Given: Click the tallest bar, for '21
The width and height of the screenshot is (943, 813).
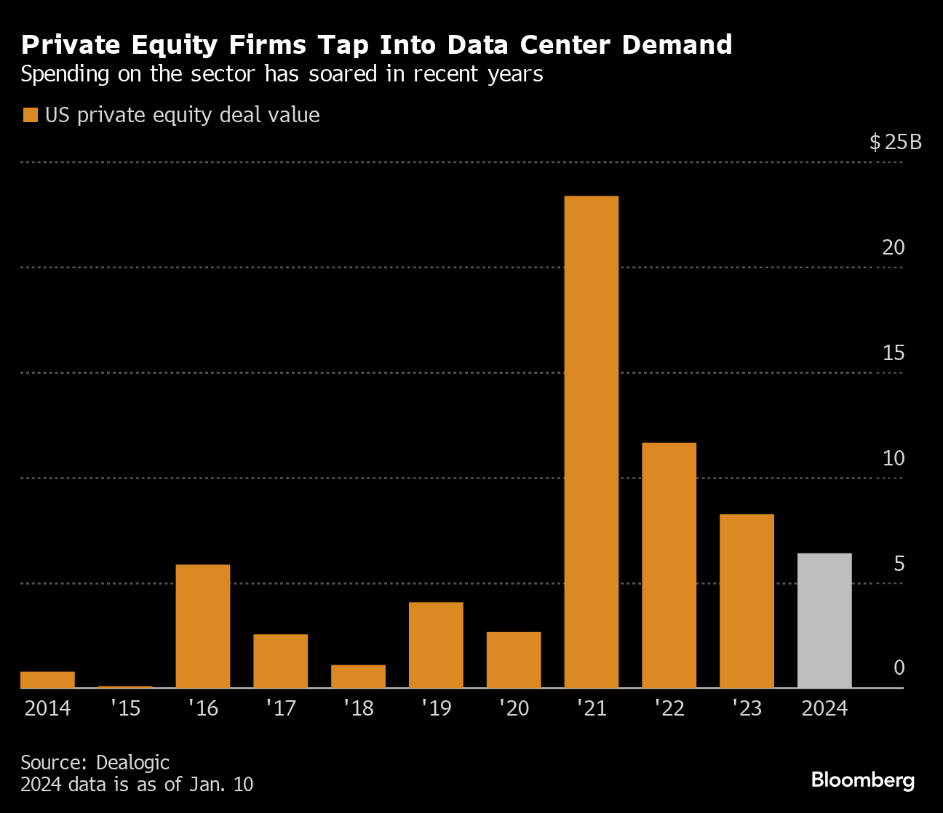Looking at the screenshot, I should (591, 441).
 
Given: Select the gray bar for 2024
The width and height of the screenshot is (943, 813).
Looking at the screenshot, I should (824, 620).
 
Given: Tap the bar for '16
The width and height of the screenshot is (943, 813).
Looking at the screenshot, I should (203, 625).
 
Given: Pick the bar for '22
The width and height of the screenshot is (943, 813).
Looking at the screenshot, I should (669, 565).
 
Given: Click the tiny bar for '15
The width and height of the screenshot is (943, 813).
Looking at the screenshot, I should (125, 686).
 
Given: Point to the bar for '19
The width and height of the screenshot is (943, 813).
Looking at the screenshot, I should (436, 644).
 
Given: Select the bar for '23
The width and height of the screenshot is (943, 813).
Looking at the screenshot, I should (747, 601).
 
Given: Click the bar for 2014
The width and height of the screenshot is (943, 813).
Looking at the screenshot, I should (47, 679).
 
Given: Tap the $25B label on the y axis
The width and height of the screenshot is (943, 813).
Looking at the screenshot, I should (895, 142).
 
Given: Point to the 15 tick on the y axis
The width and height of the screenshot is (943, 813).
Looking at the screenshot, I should (894, 353).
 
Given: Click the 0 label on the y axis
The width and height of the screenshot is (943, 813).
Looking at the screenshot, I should (899, 668).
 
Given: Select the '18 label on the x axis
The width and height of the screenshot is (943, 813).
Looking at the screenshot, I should (358, 708).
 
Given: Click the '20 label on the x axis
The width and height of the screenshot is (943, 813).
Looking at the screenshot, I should (514, 708).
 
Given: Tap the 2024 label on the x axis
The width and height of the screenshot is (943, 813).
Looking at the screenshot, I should (824, 708).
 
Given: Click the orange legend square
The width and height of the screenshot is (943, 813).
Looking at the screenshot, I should (31, 116).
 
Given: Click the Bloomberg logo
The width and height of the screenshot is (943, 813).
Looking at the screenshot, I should (862, 780).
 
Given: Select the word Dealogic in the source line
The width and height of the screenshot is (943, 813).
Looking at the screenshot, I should (132, 762).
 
